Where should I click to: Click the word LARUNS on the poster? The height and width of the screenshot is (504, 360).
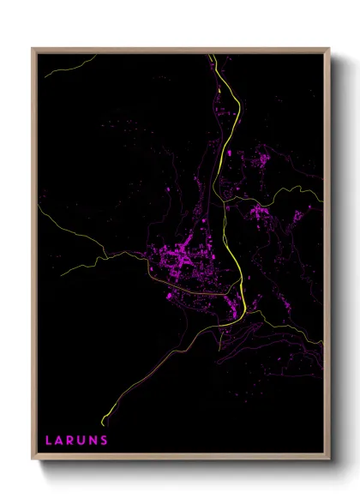(76, 441)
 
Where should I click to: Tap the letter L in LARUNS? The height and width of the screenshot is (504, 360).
(49, 441)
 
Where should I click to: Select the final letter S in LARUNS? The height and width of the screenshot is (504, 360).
(105, 441)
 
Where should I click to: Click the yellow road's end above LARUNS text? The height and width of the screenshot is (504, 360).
(104, 423)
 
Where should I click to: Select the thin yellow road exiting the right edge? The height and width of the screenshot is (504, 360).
(321, 200)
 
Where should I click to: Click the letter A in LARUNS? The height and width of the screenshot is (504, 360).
(59, 441)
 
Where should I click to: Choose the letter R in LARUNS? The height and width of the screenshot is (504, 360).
(70, 441)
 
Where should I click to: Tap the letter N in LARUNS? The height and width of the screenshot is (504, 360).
(93, 441)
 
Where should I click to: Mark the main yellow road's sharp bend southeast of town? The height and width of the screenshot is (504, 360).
(243, 310)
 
